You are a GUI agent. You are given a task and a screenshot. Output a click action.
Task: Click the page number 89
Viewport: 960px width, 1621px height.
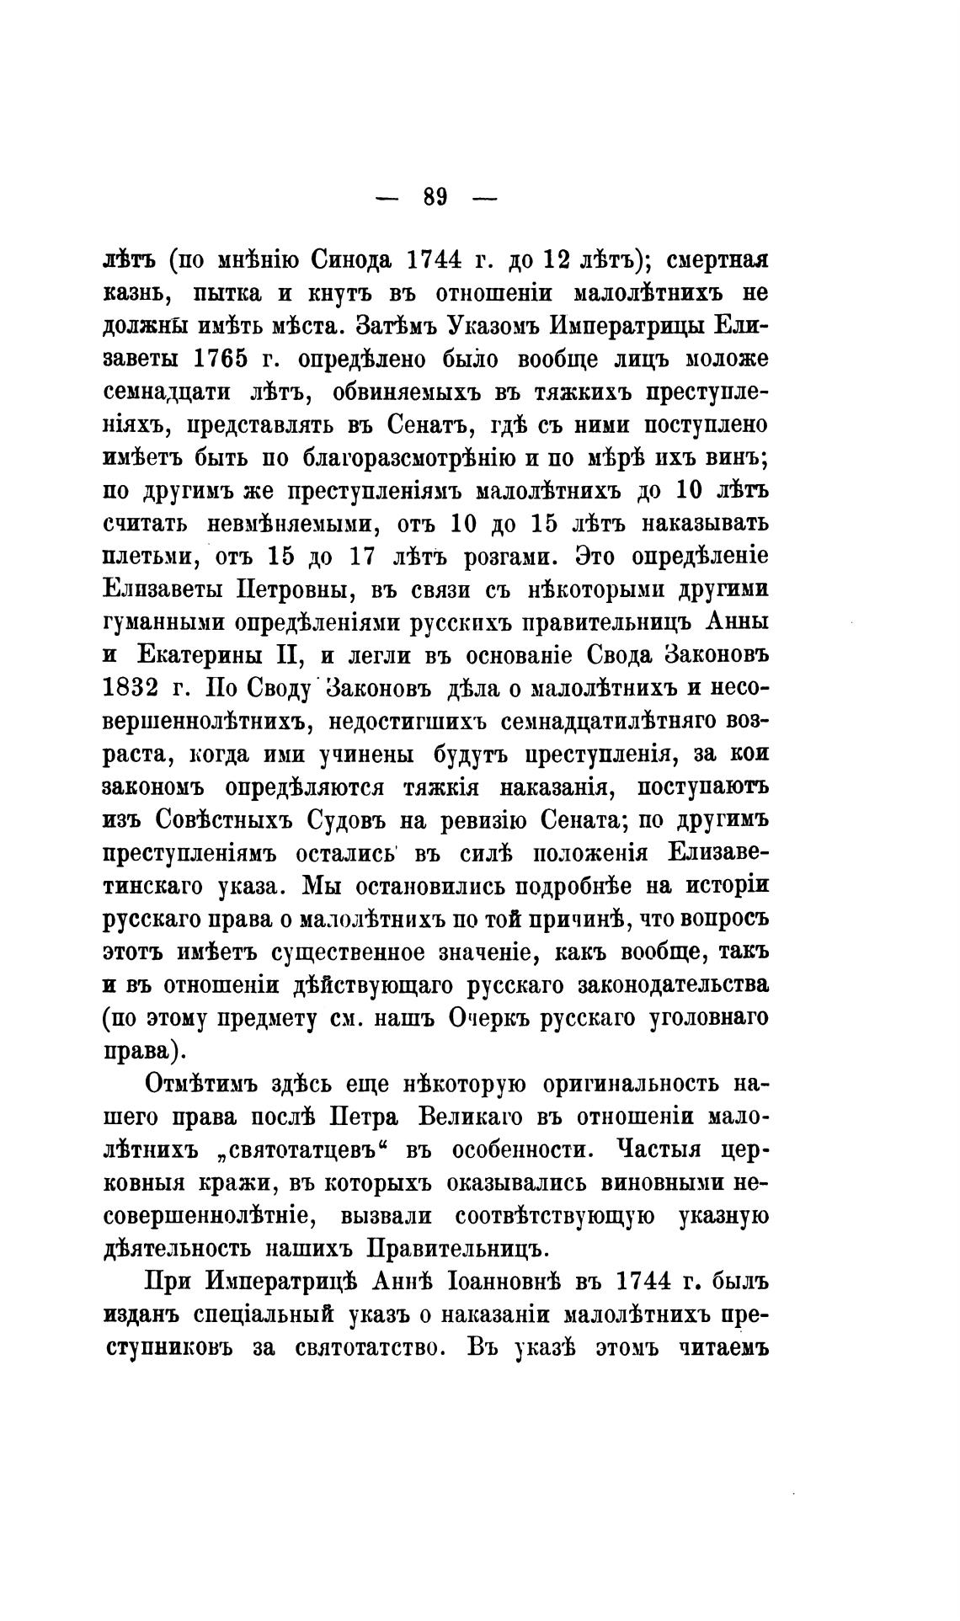coord(435,198)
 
